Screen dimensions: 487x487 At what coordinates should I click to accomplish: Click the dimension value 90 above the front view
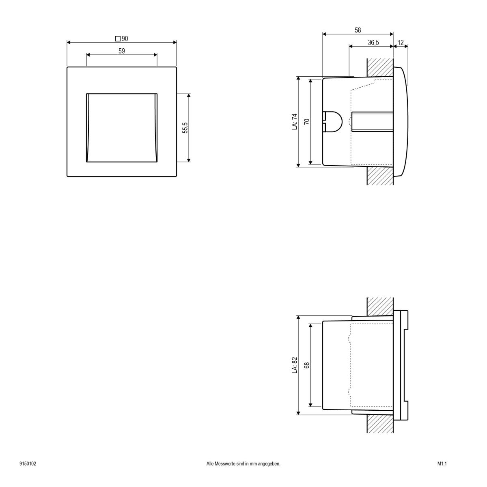pos(125,39)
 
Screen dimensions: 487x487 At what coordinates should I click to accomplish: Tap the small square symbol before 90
pos(118,39)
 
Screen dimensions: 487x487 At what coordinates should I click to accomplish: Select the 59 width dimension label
pos(122,51)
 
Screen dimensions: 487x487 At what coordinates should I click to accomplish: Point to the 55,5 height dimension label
pos(185,128)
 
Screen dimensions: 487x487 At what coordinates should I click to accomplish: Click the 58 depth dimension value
pos(358,30)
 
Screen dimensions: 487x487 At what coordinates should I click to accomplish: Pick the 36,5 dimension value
pos(373,43)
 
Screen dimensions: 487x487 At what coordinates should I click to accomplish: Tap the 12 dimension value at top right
pos(401,43)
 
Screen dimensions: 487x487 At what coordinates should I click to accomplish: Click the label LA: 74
pos(295,122)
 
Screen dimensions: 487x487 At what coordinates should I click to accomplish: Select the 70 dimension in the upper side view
pos(307,122)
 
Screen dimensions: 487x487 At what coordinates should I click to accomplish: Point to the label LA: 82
pos(295,365)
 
